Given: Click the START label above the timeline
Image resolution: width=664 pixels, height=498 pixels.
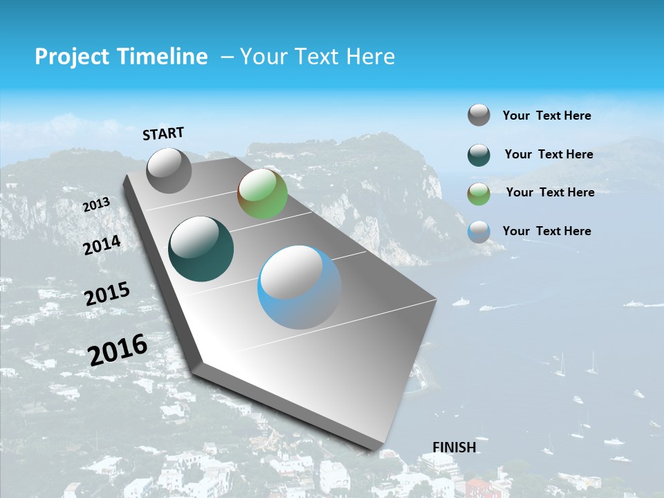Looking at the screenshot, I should click(x=163, y=133).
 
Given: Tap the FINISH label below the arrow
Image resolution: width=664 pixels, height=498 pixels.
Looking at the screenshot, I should click(x=454, y=447).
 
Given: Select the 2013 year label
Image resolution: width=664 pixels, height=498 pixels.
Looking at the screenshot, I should click(x=96, y=205).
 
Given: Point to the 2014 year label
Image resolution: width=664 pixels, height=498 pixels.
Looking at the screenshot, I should click(x=102, y=245).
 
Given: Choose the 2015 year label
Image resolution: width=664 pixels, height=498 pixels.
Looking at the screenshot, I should click(x=107, y=294).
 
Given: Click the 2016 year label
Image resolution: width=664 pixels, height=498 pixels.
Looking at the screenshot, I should click(x=118, y=350).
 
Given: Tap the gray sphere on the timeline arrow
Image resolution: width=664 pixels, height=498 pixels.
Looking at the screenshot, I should click(x=169, y=170).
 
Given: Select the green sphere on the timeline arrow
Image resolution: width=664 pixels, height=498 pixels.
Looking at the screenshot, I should click(x=262, y=194).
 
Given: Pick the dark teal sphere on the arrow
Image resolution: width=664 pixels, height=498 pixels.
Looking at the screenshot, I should click(x=201, y=249).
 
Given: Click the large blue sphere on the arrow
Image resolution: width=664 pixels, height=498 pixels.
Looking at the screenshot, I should click(x=299, y=287).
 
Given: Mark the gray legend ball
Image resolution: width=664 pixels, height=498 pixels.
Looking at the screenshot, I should click(x=479, y=115).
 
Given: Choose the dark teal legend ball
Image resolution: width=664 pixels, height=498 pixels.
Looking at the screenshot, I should click(x=479, y=155).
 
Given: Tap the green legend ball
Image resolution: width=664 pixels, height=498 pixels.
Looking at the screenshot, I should click(x=479, y=194).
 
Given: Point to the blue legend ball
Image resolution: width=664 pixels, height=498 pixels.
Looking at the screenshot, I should click(x=479, y=231).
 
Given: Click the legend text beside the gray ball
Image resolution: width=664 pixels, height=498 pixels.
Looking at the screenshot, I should click(x=546, y=116).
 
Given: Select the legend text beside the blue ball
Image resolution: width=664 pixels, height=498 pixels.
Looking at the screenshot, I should click(x=546, y=230).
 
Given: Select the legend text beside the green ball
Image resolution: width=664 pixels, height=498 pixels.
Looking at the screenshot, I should click(x=550, y=192).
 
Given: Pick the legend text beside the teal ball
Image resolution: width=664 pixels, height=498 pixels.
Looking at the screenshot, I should click(x=548, y=154).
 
